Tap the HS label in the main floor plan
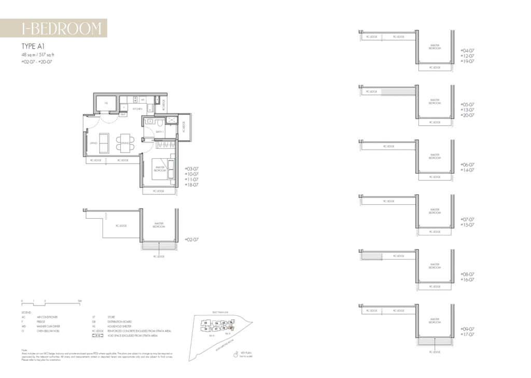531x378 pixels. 106,103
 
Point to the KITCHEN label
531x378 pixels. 137,109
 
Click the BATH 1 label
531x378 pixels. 160,132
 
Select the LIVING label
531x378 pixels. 93,143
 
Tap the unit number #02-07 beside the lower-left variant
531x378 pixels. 192,240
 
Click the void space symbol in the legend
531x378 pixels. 96,336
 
